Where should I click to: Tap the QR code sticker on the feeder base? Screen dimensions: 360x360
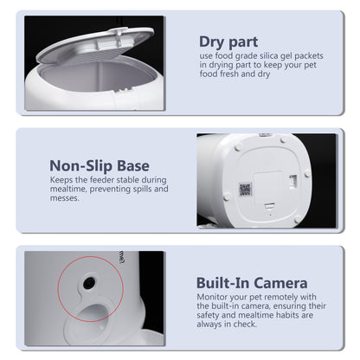coord(244,188)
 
